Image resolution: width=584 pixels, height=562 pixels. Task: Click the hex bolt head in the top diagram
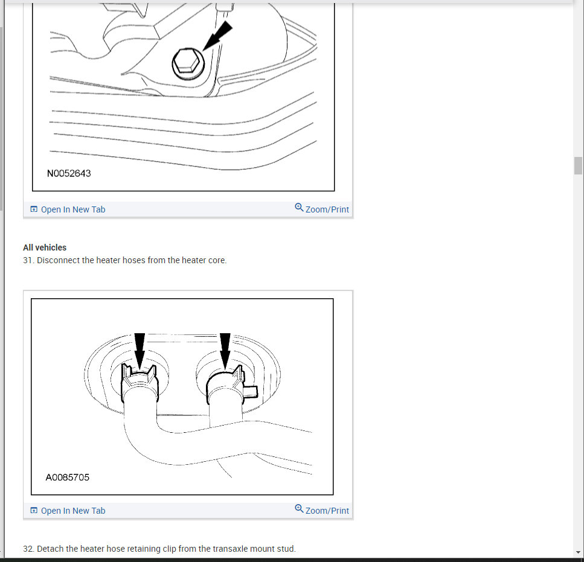(188, 63)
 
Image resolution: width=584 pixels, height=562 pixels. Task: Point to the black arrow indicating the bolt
(217, 36)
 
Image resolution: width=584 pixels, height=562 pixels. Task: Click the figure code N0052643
(69, 173)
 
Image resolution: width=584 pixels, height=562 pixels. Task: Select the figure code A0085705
(68, 477)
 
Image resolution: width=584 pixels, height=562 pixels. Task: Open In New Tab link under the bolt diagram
(73, 209)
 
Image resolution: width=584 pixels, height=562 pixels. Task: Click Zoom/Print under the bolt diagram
(327, 209)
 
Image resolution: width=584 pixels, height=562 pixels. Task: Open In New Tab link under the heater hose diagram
(73, 511)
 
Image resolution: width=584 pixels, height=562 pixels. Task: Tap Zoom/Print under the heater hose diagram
(327, 511)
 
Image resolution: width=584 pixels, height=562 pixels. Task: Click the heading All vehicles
(45, 247)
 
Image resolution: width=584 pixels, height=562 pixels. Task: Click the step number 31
(28, 260)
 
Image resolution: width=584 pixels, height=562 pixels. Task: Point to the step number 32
(28, 549)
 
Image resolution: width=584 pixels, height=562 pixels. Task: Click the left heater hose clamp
(140, 383)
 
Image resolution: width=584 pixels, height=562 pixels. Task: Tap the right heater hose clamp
(231, 385)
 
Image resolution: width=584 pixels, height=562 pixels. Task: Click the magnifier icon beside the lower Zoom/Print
(299, 508)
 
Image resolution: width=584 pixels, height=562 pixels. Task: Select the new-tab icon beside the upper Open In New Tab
(34, 209)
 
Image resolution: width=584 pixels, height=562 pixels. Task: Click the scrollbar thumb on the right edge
(578, 165)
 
